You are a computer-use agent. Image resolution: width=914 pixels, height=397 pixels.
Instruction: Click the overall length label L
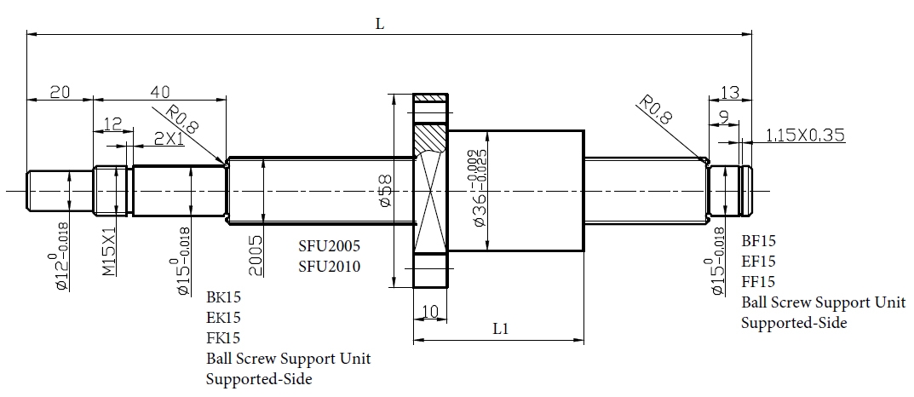380,25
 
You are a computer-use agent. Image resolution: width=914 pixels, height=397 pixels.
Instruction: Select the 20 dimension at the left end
59,93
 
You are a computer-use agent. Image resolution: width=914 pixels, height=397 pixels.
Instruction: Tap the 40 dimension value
159,92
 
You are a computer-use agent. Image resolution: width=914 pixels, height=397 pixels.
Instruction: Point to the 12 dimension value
112,124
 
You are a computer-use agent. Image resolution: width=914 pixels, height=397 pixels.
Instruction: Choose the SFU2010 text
329,267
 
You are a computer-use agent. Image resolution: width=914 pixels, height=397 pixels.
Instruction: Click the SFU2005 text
329,246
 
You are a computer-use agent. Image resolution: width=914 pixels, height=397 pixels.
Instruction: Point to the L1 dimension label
502,328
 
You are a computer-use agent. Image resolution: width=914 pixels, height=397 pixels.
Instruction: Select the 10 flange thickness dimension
429,313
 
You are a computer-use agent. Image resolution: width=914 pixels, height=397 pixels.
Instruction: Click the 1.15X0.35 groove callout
805,134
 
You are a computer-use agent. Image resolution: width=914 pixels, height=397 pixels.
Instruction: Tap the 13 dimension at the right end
729,93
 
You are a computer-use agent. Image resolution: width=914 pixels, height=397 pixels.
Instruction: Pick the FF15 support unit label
758,281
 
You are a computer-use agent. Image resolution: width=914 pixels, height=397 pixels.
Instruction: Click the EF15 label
758,262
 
